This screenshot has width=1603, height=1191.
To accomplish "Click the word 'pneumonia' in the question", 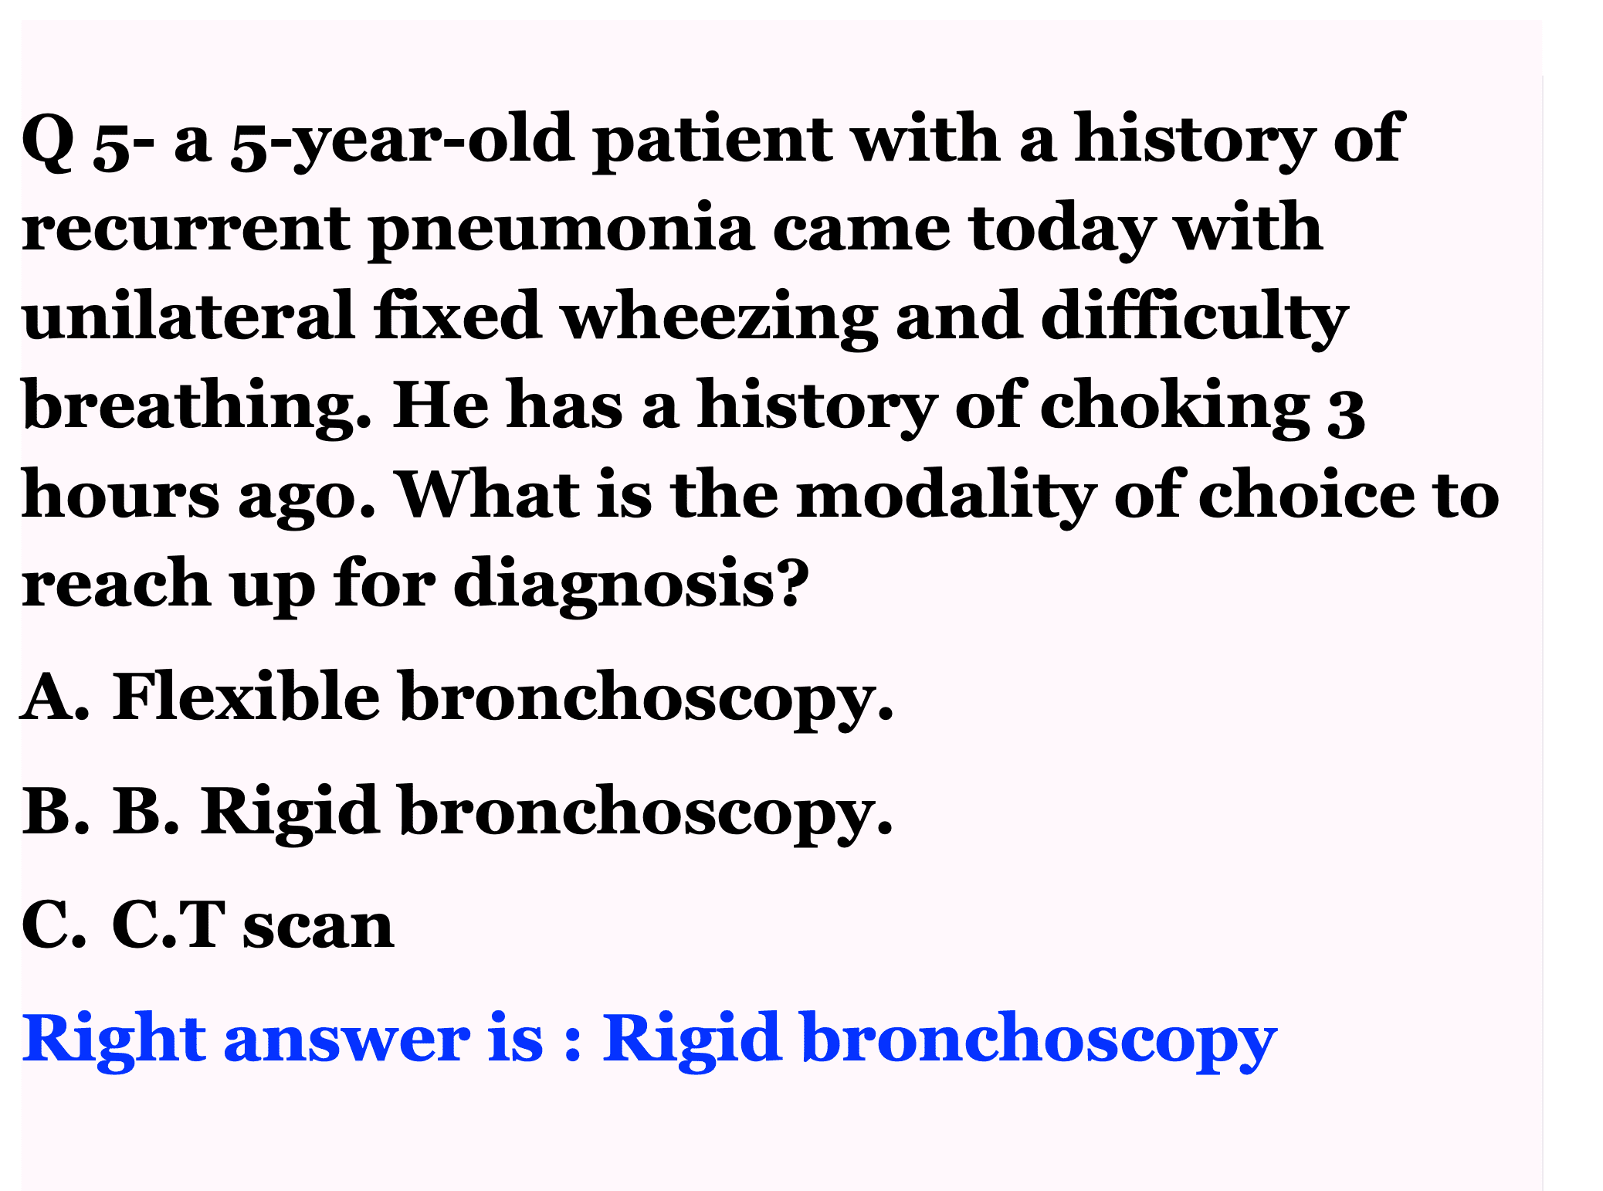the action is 561,230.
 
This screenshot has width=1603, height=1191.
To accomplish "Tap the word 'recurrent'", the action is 186,230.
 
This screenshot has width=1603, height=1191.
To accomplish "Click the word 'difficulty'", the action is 1195,318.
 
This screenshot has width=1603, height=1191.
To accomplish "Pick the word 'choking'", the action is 1175,408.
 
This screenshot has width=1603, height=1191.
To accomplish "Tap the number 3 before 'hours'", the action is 1346,412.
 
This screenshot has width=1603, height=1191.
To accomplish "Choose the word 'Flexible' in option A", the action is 246,697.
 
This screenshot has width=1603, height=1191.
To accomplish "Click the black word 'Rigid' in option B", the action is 290,814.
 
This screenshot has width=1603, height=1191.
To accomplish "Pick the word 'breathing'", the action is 196,408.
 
